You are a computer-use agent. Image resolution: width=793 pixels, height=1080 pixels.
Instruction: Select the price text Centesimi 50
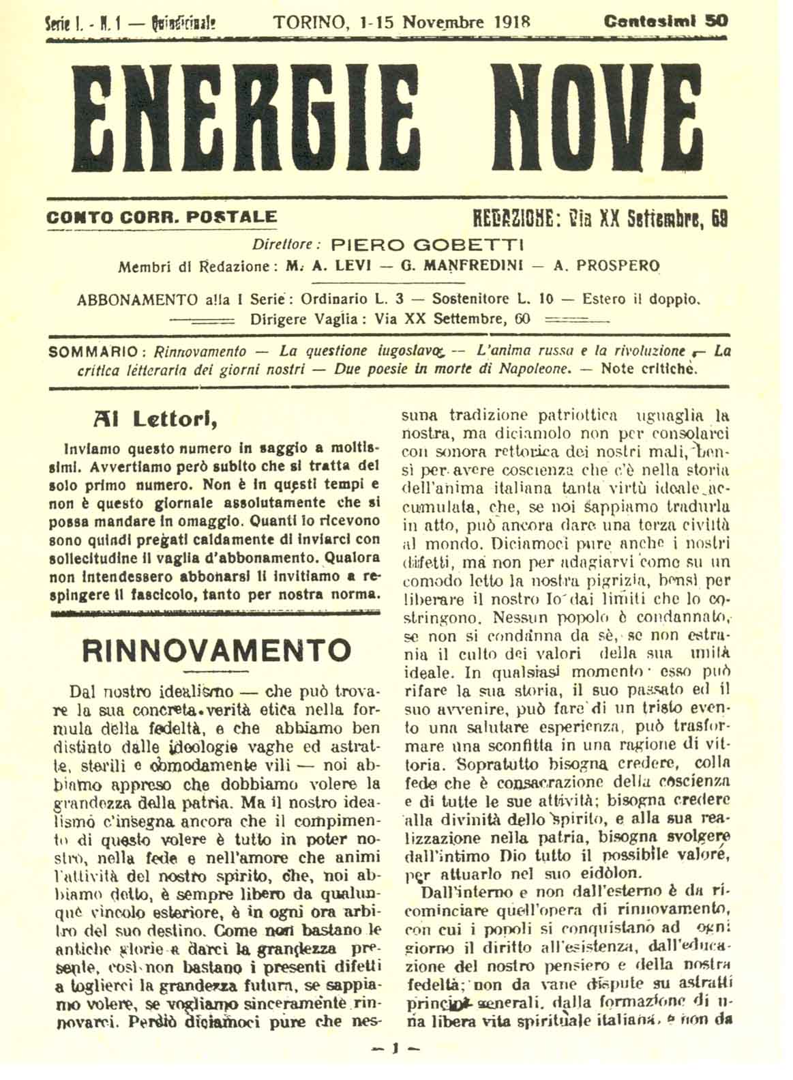coord(665,21)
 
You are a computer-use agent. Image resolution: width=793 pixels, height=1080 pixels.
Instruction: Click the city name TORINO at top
coord(310,21)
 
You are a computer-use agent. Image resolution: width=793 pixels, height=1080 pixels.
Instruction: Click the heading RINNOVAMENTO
coord(216,650)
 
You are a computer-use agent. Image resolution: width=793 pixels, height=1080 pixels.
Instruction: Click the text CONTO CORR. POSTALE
coord(162,218)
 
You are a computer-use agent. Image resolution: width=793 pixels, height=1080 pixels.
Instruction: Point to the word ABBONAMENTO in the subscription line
coord(130,299)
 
